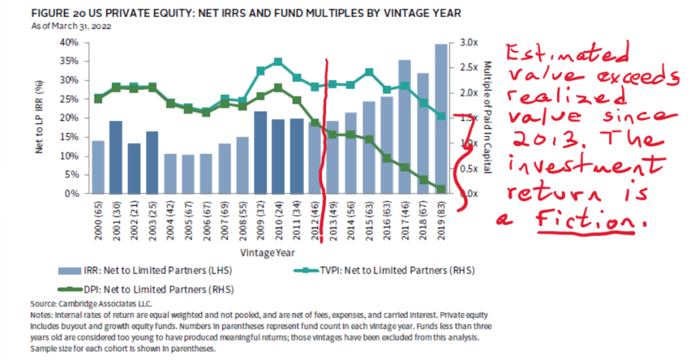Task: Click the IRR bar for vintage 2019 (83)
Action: click(441, 119)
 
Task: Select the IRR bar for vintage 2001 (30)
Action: click(115, 157)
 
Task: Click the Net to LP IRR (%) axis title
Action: click(40, 117)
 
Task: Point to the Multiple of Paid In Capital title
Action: click(486, 117)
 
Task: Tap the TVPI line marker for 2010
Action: click(278, 62)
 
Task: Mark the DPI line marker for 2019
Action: click(441, 190)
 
